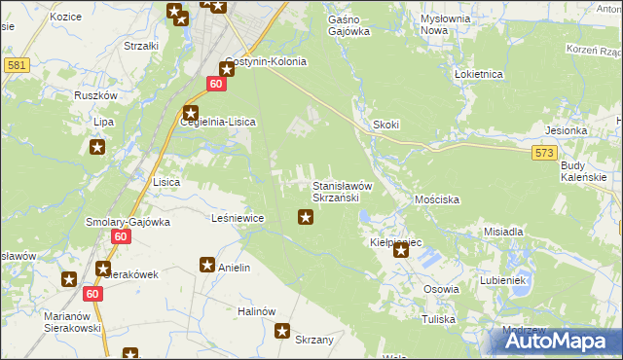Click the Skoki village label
click(x=386, y=126)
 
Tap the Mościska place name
click(x=436, y=198)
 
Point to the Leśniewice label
click(x=238, y=218)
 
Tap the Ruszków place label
click(x=95, y=96)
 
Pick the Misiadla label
click(x=504, y=233)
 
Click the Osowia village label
click(x=441, y=289)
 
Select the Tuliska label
click(x=439, y=319)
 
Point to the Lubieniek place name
click(x=502, y=280)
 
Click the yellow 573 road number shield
click(x=545, y=153)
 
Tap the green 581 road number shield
click(x=16, y=65)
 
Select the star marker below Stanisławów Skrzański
click(x=305, y=217)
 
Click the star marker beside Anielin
click(x=207, y=265)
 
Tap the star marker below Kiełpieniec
click(x=400, y=250)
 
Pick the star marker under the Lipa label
click(x=97, y=148)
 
